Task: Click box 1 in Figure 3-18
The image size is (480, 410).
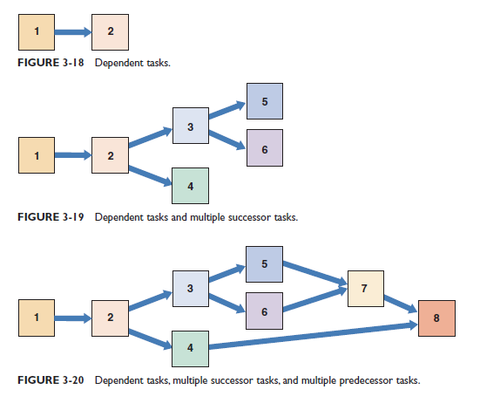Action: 37,32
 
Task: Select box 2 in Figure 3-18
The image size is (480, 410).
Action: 110,32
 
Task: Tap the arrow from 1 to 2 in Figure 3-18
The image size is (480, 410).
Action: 73,33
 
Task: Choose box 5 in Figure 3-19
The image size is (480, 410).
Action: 265,101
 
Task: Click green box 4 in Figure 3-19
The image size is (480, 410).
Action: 191,185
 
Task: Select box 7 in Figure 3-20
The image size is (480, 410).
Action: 365,287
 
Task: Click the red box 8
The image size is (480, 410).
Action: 436,318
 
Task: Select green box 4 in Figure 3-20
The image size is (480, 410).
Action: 191,348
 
